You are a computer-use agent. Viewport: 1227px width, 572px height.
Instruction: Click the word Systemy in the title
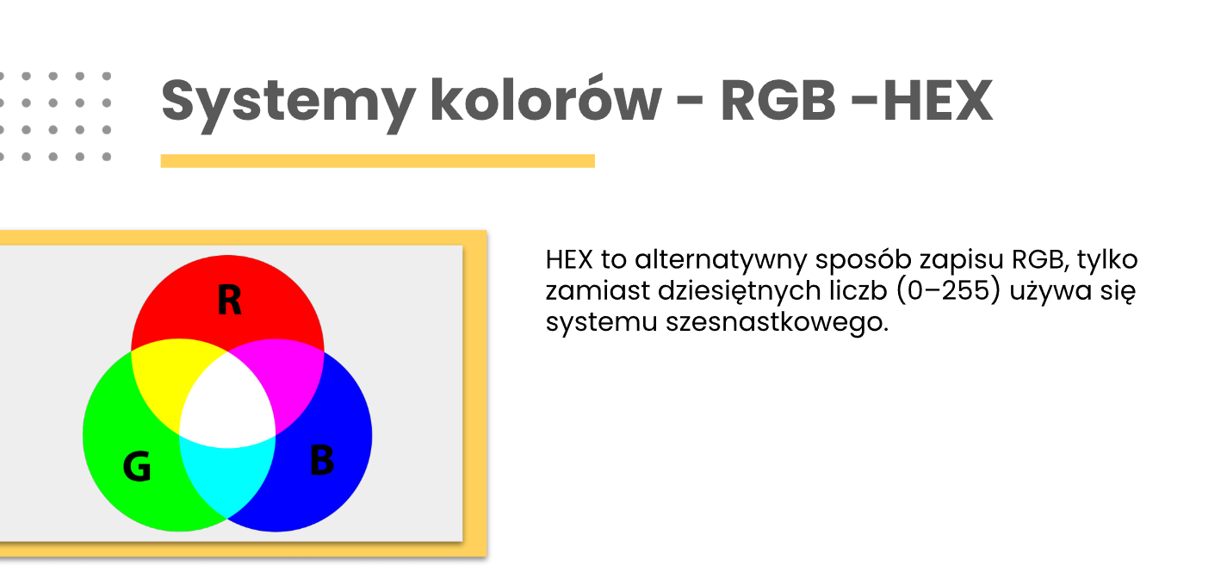288,104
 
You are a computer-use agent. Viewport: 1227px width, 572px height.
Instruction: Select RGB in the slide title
778,100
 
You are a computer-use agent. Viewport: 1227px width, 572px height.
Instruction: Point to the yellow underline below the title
377,160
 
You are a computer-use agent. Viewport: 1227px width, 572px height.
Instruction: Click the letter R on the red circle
229,301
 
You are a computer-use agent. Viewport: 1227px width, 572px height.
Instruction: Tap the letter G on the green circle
137,466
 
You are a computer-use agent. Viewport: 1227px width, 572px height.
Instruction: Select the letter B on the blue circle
321,459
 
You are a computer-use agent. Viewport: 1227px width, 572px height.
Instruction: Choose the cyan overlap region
227,476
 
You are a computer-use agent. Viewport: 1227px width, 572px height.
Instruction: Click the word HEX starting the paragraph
569,259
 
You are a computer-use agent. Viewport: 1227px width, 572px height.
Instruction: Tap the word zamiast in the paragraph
598,291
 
